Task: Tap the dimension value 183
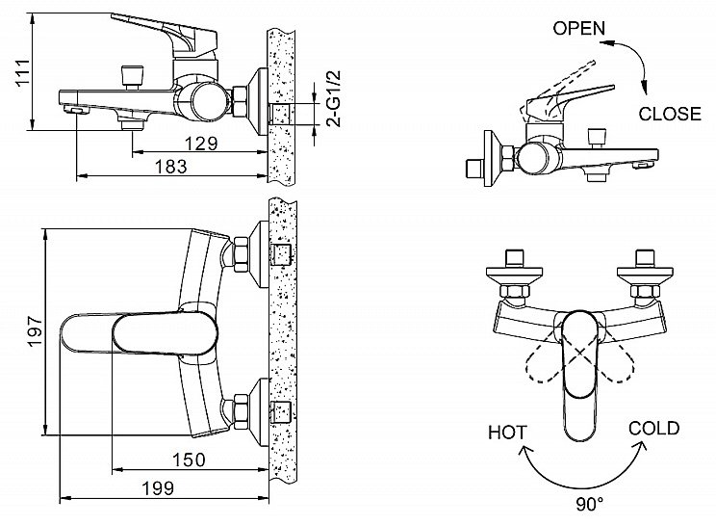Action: click(169, 166)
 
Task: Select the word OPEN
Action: click(578, 28)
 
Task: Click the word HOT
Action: click(506, 429)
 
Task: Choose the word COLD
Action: click(654, 428)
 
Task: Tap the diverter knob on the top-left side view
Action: click(129, 74)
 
